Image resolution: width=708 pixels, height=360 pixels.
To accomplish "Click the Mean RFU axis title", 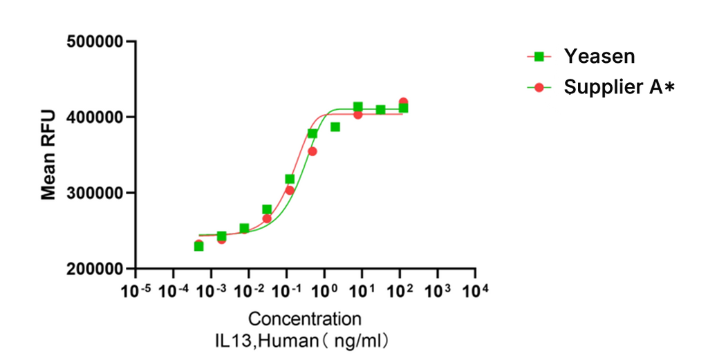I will click(48, 155).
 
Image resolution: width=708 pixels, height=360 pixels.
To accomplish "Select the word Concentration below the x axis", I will click(304, 319).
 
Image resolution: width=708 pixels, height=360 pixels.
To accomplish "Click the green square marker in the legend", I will click(539, 57).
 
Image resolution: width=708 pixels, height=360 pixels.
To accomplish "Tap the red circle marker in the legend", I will click(539, 87).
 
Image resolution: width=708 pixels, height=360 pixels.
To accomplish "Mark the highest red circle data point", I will click(403, 102).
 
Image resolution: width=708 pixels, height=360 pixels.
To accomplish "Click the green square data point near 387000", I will click(335, 127).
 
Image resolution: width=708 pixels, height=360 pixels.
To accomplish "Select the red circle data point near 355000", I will click(313, 151).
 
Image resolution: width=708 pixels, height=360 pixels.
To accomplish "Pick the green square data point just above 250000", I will click(244, 228).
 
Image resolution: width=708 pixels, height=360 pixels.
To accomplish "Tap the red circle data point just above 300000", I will click(290, 190).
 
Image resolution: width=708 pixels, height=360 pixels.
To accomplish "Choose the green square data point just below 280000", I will click(267, 209).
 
